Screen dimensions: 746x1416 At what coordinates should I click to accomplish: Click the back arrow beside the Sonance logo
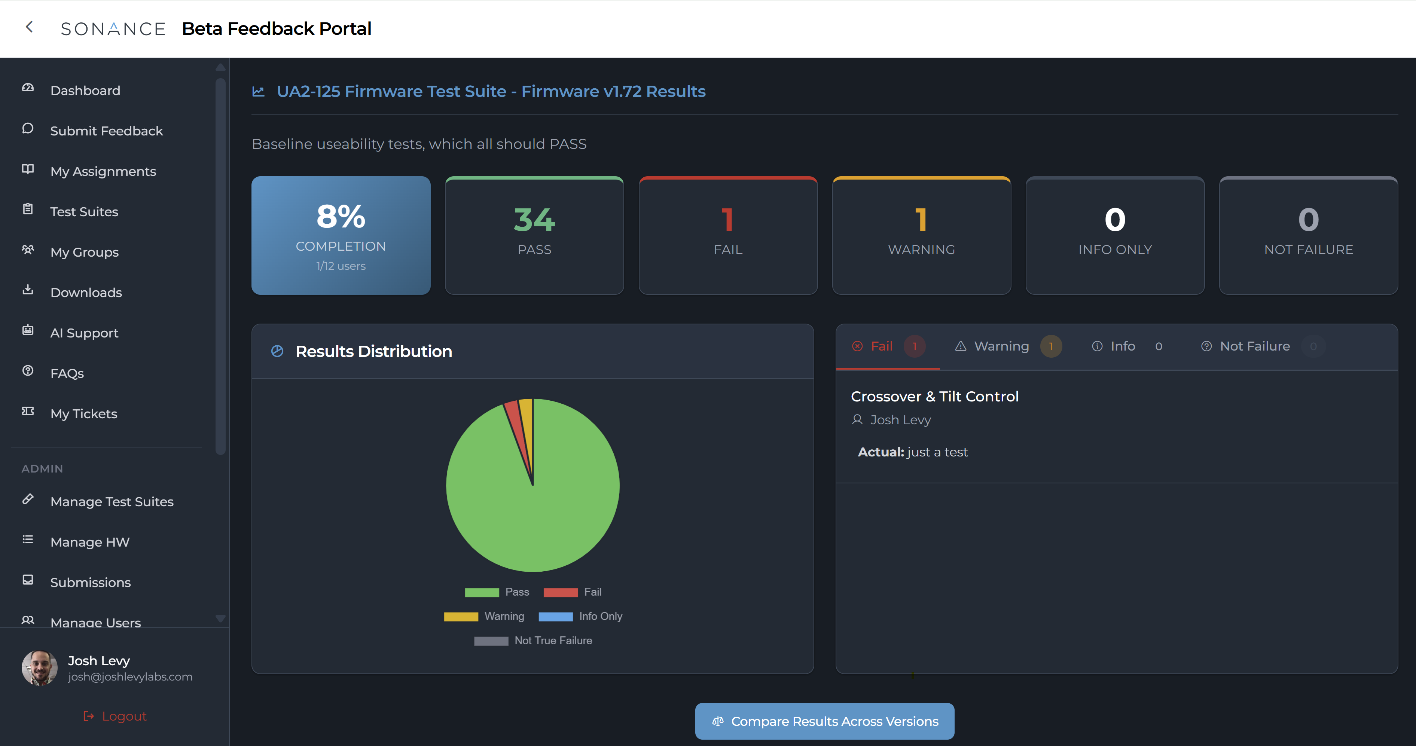point(30,27)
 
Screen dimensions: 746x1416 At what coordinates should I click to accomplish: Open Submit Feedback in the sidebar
point(106,131)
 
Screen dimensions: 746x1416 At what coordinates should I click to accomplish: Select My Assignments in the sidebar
point(103,171)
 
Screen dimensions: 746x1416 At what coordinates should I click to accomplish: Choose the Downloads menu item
point(86,293)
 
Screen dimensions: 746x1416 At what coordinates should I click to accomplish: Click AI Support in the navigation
point(84,333)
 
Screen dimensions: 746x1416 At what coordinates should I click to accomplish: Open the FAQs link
point(67,373)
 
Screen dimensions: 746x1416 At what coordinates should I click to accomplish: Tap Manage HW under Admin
point(89,542)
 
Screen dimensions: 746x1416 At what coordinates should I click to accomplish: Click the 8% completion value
point(341,217)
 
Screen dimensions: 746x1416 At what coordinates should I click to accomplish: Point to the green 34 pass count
point(534,220)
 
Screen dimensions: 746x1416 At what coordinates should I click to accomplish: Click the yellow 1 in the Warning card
point(921,220)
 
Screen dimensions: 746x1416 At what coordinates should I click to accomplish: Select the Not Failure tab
point(1254,346)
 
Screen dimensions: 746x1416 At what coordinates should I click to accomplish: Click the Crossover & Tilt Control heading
point(934,396)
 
